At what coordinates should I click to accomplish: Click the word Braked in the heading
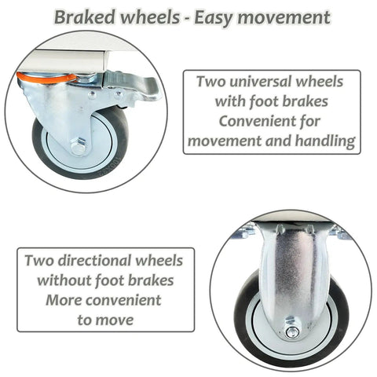[85, 17]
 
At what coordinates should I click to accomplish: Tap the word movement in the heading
[284, 17]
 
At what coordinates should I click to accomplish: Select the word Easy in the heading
[214, 18]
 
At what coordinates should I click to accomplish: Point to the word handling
[325, 141]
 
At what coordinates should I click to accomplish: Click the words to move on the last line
[105, 320]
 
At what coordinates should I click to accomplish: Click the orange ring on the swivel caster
[46, 78]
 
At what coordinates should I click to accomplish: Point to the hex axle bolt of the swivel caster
[79, 147]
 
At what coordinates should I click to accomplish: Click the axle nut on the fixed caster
[292, 332]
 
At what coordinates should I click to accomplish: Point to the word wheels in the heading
[150, 17]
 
